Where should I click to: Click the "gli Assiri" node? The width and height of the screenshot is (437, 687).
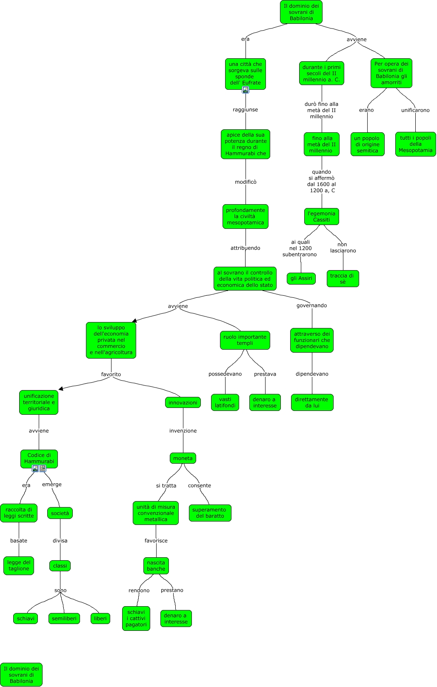tap(301, 279)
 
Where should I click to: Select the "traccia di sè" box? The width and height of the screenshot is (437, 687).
tap(343, 279)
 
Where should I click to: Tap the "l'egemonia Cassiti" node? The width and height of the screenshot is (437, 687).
tap(322, 217)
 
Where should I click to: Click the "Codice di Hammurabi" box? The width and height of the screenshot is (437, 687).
tap(39, 458)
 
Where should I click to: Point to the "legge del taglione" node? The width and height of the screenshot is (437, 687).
tap(19, 565)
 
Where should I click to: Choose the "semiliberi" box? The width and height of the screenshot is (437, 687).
tap(64, 619)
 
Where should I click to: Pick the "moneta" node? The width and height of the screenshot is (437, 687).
tap(183, 458)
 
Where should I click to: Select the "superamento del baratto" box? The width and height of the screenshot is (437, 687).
tap(210, 513)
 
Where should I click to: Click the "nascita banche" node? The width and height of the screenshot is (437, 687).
tap(156, 566)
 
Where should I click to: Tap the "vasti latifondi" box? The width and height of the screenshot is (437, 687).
tap(225, 402)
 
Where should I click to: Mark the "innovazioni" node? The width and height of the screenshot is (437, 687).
tap(183, 402)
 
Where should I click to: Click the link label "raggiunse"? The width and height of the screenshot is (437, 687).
tap(245, 110)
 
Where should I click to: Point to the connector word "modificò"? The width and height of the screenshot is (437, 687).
tap(246, 182)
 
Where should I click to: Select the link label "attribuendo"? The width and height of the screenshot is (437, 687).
tap(245, 248)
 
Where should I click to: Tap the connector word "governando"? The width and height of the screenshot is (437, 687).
tap(312, 305)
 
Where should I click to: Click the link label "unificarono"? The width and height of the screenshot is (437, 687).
tap(415, 110)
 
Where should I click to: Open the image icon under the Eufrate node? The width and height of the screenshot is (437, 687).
tap(246, 90)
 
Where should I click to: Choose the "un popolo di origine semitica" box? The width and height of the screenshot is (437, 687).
tap(367, 144)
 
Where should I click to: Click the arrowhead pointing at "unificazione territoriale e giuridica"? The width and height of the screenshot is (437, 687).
tap(61, 388)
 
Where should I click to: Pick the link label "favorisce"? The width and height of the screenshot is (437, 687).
tap(156, 541)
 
